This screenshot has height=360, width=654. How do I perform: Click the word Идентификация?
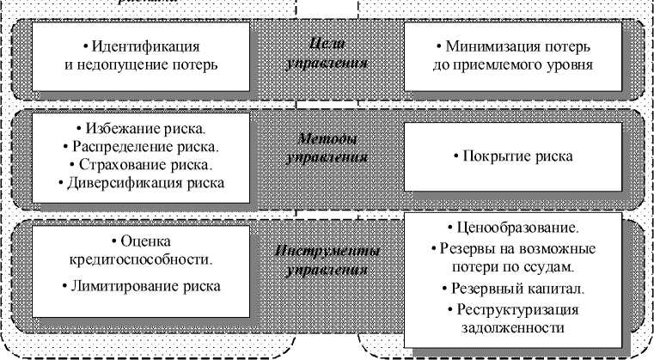[147, 45]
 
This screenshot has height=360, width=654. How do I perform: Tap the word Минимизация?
[502, 45]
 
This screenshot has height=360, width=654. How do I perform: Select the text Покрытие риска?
[513, 156]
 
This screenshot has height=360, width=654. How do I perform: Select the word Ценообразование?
[516, 229]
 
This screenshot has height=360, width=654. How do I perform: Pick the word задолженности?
[513, 327]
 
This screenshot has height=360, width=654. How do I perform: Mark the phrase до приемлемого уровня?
[513, 64]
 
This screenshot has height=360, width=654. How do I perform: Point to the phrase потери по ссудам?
[513, 267]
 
